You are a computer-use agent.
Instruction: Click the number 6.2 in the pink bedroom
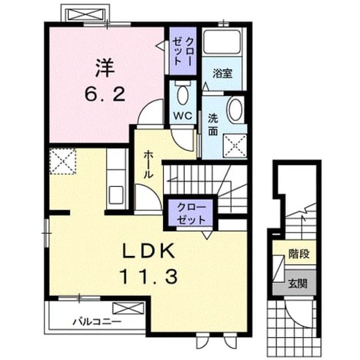(105, 94)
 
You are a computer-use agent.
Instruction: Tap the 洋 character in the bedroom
(105, 68)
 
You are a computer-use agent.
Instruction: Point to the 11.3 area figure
(148, 277)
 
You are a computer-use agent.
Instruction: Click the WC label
(183, 116)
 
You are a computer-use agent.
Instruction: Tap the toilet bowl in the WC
(183, 94)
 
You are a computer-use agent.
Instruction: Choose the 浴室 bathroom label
(222, 73)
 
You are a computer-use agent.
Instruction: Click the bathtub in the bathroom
(222, 41)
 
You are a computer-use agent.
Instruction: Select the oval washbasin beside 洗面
(236, 109)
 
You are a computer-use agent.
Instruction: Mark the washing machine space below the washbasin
(235, 146)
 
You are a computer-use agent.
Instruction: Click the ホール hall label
(148, 165)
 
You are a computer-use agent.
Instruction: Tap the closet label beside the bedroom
(183, 51)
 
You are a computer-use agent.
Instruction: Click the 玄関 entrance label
(298, 283)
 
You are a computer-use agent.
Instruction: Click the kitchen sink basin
(116, 195)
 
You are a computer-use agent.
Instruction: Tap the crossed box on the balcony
(128, 308)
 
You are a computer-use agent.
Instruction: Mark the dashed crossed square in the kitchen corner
(62, 161)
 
